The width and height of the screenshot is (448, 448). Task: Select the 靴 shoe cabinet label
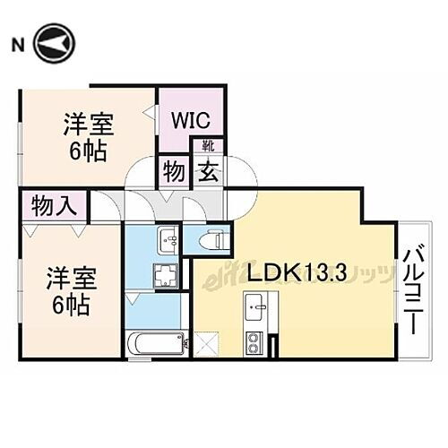pos(207,145)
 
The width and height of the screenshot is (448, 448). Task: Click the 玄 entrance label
pos(207,168)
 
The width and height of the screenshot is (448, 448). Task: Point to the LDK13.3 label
pos(288,272)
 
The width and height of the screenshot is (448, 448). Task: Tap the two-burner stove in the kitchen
pos(254,341)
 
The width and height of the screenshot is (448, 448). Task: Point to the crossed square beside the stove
pos(207,341)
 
